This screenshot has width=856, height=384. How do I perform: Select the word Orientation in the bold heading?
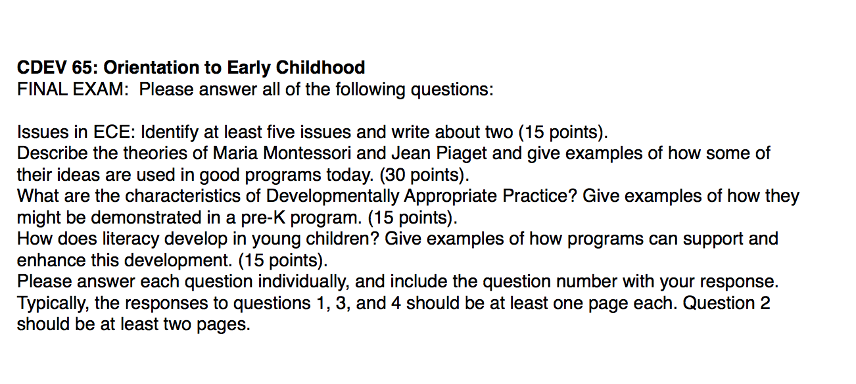tap(151, 68)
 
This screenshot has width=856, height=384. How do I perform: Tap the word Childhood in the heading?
tap(320, 68)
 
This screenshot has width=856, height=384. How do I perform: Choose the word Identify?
tap(170, 133)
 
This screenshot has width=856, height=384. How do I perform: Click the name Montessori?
tap(307, 154)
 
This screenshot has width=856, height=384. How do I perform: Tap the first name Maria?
tap(235, 154)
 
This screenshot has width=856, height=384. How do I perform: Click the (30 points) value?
tap(424, 176)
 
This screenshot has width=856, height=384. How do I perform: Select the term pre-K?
tap(263, 218)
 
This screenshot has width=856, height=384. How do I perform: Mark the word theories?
tap(155, 154)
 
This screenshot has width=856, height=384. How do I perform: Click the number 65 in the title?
tap(82, 68)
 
